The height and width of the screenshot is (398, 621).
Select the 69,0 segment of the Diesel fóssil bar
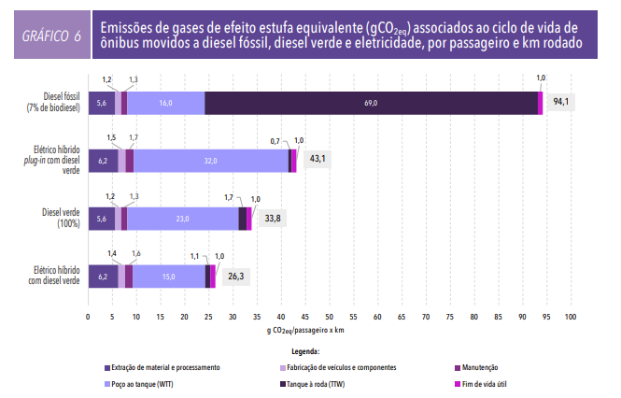click(371, 102)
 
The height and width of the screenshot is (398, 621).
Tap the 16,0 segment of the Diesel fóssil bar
click(165, 102)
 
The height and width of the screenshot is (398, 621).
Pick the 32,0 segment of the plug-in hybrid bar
click(210, 161)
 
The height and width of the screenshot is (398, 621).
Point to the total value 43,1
click(318, 160)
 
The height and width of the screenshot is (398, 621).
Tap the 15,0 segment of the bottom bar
click(168, 277)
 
